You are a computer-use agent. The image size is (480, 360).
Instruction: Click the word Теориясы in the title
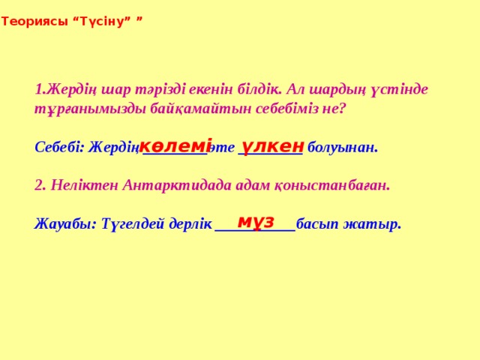34,22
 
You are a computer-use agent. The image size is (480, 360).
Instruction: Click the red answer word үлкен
272,146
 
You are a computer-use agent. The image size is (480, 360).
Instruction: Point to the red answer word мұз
256,222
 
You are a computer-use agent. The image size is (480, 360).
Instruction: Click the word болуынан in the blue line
343,148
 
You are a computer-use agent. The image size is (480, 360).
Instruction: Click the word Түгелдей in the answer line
133,224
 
